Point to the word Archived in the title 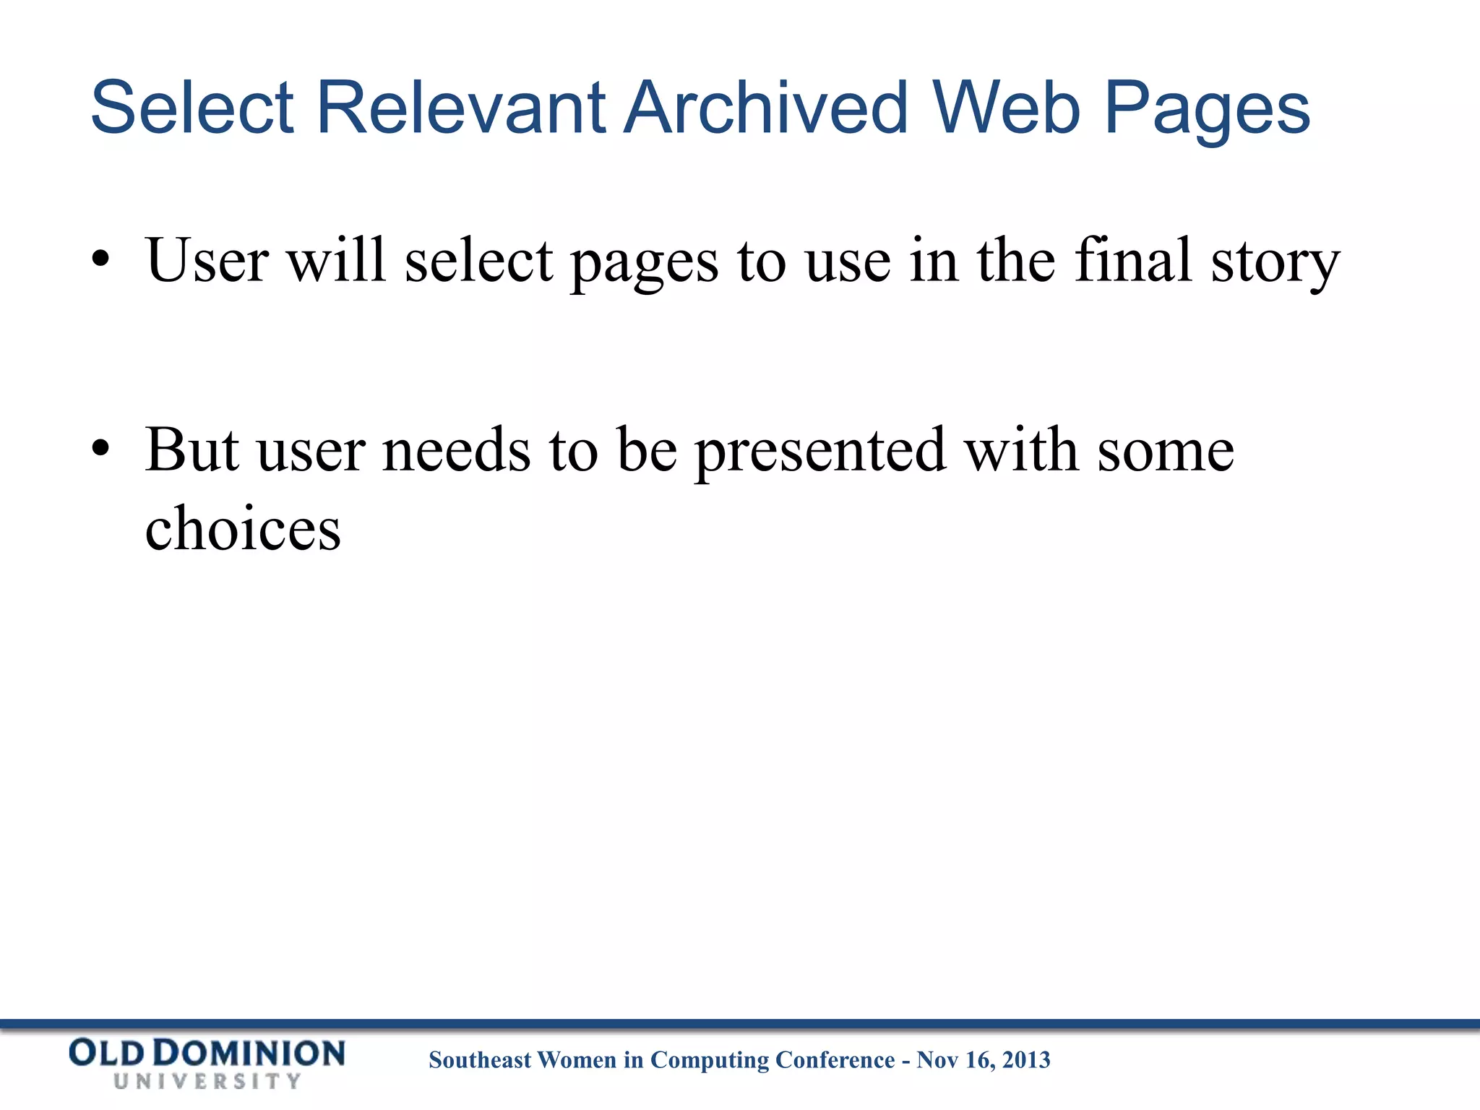coord(765,108)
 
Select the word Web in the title coord(1006,108)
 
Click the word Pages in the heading coord(1207,112)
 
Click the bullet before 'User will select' coord(100,259)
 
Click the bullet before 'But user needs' coord(100,449)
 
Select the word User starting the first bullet coord(207,260)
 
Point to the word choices coord(243,528)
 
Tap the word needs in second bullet coord(456,450)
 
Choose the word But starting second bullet coord(192,449)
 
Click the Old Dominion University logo coord(207,1062)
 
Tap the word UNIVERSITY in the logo coord(207,1081)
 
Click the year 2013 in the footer coord(1026,1059)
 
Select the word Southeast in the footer coord(480,1059)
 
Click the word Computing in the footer coord(710,1060)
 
